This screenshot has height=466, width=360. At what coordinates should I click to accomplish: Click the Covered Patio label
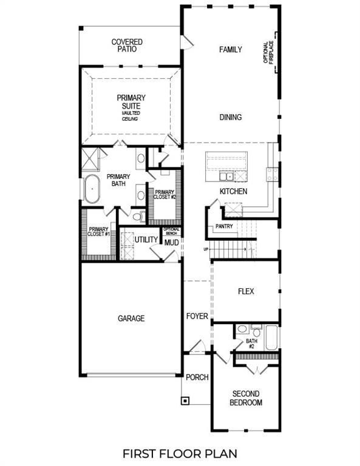pos(127,46)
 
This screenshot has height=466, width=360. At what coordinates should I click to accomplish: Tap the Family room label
pos(231,50)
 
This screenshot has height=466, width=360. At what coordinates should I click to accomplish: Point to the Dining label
pos(231,118)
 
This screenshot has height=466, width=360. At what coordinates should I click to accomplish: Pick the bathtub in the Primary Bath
pos(92,189)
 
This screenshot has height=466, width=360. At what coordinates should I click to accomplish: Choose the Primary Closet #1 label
pos(97,232)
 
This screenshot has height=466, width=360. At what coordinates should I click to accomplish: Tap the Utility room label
pos(146,240)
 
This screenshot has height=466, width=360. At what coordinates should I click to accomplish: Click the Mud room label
pos(171,241)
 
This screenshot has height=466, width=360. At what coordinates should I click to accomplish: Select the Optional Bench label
pos(172,231)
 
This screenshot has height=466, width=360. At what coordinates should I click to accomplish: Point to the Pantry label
pos(224,227)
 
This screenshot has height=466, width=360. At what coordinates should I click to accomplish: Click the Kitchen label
pos(233,192)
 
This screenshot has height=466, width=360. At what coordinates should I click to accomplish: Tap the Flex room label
pos(246,291)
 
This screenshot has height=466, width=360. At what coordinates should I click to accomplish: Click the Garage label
pos(131,318)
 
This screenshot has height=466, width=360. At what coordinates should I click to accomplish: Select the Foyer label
pos(197,316)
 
